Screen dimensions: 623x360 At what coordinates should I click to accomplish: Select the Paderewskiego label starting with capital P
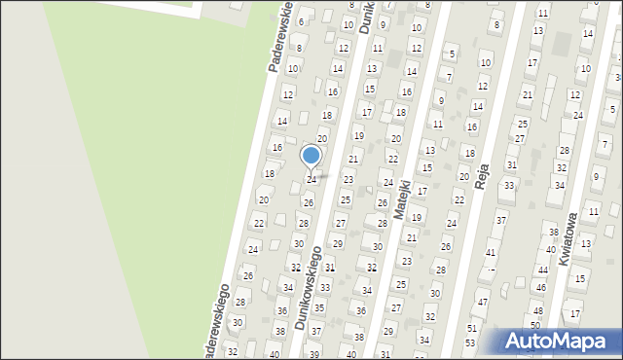[x=282, y=39]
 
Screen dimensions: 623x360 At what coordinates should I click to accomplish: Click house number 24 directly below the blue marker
[x=311, y=180]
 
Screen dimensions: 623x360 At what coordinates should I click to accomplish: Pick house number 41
[x=491, y=252]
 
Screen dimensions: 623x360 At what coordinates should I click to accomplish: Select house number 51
[x=471, y=329]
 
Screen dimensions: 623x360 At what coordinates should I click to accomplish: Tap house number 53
[x=470, y=342]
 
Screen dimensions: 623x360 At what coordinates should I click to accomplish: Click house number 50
[x=534, y=325]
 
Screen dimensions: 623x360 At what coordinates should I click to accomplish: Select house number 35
[x=319, y=307]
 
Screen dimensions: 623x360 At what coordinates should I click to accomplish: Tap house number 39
[x=313, y=352]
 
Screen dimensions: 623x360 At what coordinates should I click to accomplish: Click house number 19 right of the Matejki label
[x=416, y=217]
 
